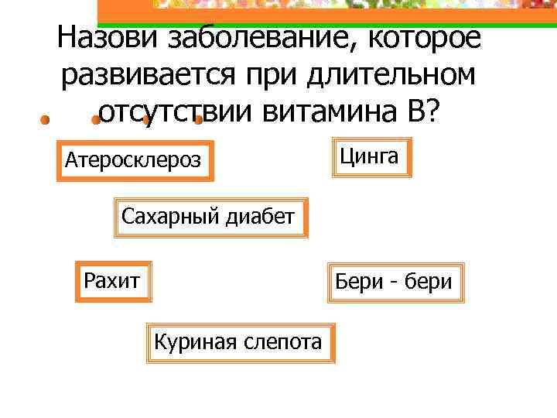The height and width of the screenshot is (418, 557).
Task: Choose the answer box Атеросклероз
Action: click(x=135, y=161)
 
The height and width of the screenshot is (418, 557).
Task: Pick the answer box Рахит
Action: click(x=113, y=279)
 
